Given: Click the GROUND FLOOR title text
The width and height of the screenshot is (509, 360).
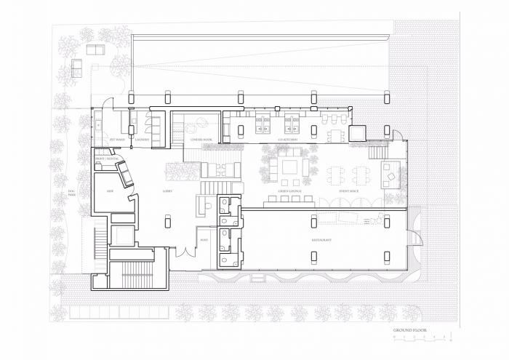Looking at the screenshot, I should click(x=410, y=330).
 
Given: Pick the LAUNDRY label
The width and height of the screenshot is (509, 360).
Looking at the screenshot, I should click(x=142, y=138).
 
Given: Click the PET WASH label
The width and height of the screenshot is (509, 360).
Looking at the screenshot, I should click(x=116, y=138).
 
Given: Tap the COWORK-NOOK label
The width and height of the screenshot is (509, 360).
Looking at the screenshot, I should click(x=201, y=138).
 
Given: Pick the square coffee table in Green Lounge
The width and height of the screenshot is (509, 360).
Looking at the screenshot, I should click(x=289, y=167).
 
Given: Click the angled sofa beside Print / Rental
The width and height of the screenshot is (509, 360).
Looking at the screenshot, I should click(x=124, y=174).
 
